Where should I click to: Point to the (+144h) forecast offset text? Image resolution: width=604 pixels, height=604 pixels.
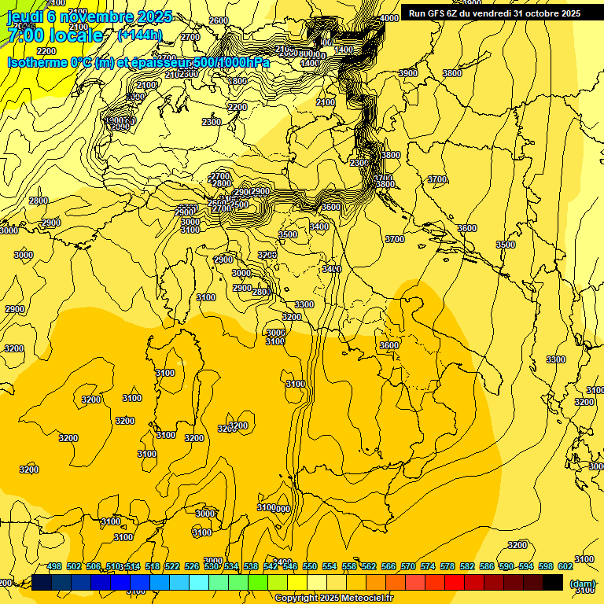click(x=139, y=35)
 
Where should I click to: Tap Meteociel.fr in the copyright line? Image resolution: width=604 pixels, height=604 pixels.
click(x=366, y=598)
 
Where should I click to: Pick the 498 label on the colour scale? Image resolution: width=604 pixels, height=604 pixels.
click(x=54, y=567)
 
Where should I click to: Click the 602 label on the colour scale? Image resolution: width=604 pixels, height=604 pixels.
click(x=565, y=567)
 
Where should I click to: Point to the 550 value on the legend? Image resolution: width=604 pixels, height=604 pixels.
click(x=310, y=567)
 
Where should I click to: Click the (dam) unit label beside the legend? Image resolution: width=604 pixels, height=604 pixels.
click(x=583, y=584)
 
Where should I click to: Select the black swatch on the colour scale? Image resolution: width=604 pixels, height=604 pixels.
click(x=553, y=583)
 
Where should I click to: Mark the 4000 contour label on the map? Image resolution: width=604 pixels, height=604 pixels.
click(x=389, y=18)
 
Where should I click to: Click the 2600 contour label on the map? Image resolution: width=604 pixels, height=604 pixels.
click(x=219, y=20)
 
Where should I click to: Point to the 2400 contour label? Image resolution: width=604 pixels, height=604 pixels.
click(x=282, y=562)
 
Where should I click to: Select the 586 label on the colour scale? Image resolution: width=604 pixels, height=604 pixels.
click(x=487, y=567)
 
